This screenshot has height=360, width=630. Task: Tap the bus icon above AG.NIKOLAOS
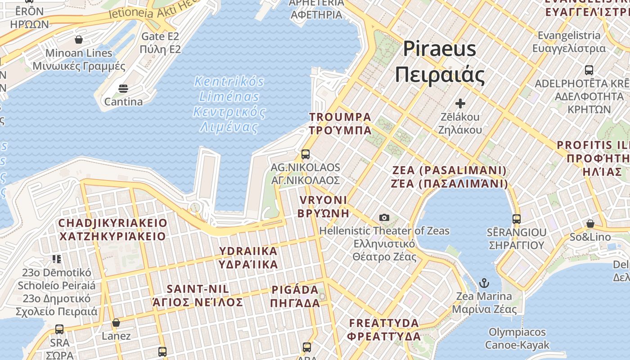[306, 154]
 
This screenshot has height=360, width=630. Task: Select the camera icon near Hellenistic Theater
[384, 218]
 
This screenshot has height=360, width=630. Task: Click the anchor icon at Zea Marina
[484, 283]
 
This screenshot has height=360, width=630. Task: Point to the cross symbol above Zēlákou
[460, 103]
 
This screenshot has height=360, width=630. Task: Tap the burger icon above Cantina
[123, 89]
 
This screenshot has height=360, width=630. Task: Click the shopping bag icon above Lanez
[116, 323]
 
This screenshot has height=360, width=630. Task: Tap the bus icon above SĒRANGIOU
[517, 219]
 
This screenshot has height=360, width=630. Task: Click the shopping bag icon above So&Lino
[590, 224]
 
